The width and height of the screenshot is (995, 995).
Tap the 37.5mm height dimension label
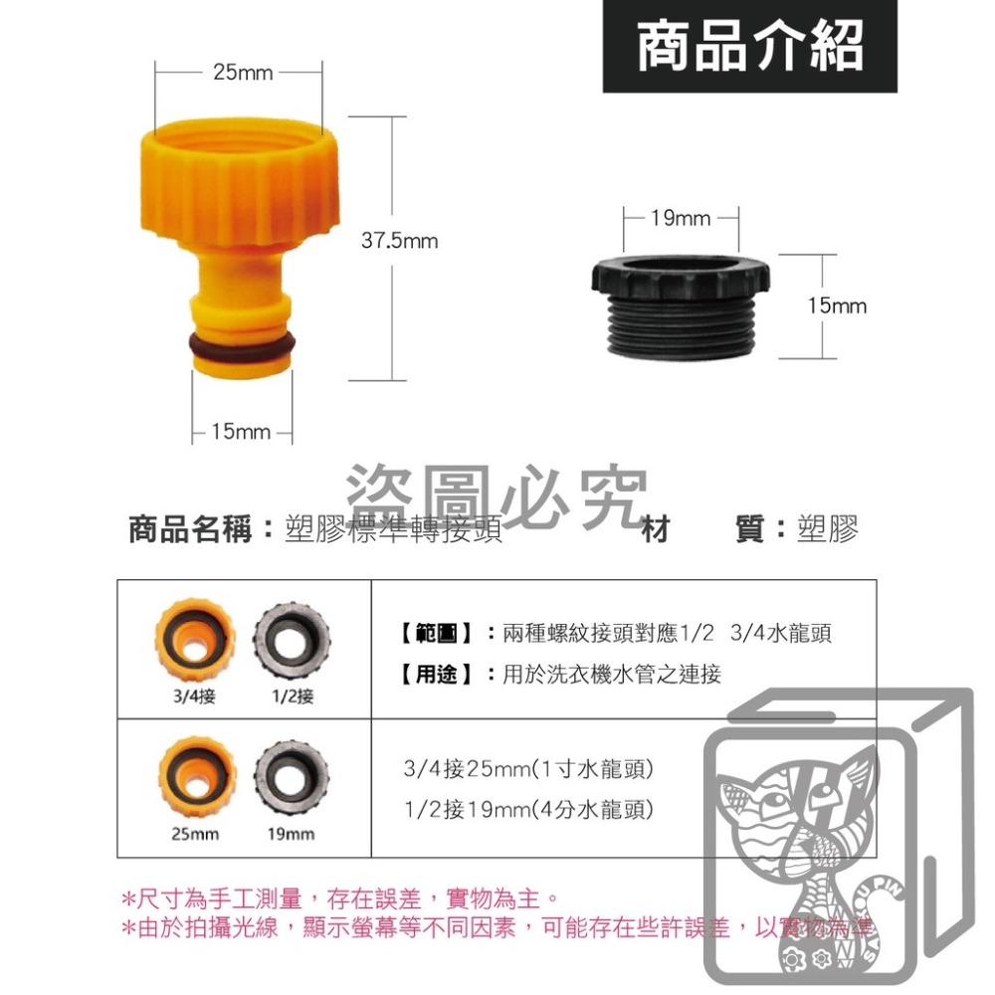click(x=398, y=241)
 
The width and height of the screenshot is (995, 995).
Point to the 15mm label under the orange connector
click(x=240, y=432)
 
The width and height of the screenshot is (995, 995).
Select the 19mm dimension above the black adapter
click(x=681, y=217)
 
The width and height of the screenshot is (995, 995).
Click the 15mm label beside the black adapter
click(x=837, y=305)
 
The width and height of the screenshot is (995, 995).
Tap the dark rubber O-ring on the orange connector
click(x=241, y=343)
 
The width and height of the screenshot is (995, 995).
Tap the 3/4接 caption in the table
click(x=194, y=696)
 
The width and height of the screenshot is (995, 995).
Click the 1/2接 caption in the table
click(x=292, y=696)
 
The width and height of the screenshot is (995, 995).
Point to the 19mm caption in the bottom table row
click(x=291, y=834)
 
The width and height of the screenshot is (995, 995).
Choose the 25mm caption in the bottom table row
click(x=195, y=834)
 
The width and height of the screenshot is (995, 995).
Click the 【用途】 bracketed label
click(x=435, y=675)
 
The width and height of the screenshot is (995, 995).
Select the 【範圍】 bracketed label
click(x=435, y=632)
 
